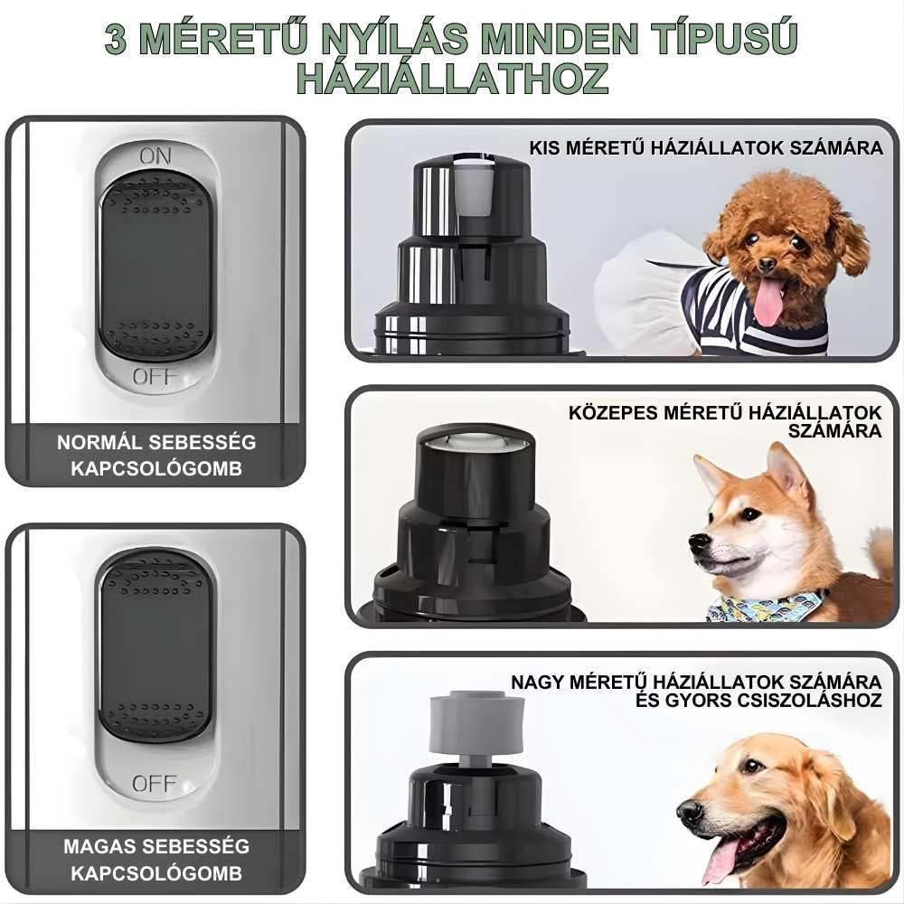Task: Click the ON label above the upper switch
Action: click(x=155, y=156)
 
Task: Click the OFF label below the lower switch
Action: click(x=154, y=783)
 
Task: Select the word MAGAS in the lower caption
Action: click(x=99, y=846)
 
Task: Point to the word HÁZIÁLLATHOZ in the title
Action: click(x=453, y=79)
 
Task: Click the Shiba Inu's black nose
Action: click(x=699, y=541)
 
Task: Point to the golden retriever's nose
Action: click(x=690, y=811)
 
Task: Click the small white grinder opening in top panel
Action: click(x=473, y=185)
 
